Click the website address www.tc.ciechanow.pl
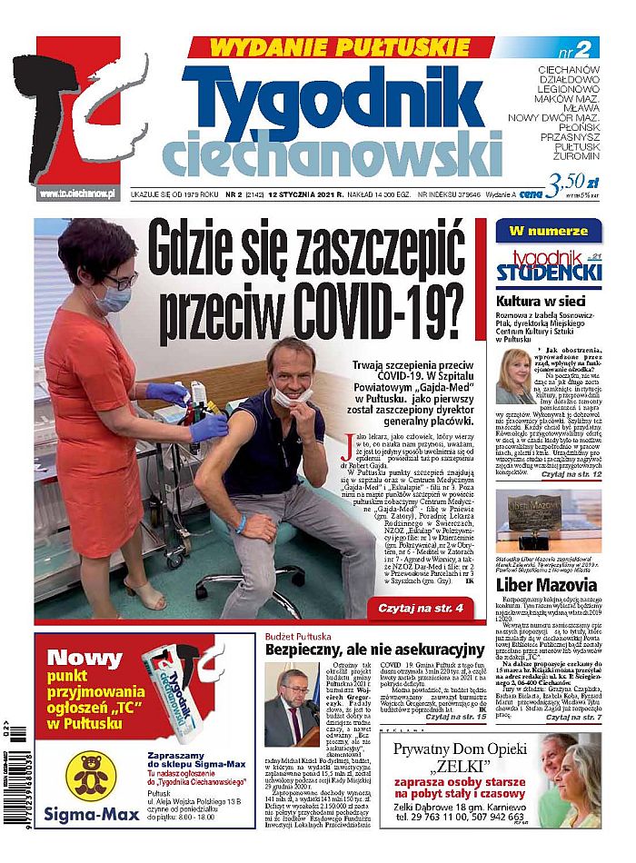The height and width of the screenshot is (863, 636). coord(79,193)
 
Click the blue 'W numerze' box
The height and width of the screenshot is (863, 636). coord(547,231)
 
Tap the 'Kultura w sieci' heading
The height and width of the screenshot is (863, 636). coord(538,301)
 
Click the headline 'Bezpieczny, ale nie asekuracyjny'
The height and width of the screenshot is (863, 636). coord(373,650)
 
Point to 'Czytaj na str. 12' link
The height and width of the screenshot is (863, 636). coord(571,473)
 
